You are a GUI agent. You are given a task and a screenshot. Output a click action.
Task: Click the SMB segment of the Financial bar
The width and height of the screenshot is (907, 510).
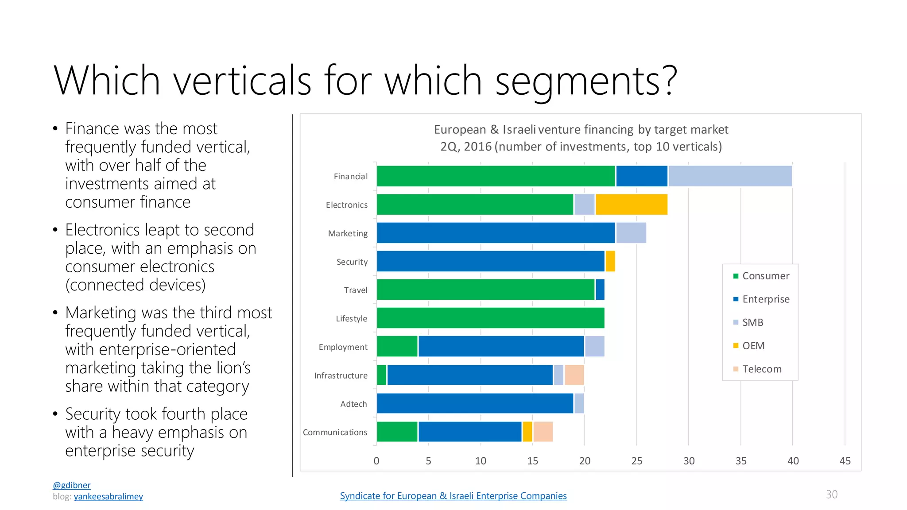pos(730,176)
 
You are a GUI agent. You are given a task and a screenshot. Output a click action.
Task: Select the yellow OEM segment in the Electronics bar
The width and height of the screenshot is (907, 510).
pos(632,205)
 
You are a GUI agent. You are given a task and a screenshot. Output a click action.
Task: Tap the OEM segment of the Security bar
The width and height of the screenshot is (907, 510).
pos(610,261)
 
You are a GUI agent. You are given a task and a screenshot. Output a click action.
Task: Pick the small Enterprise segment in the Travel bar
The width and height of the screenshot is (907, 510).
pos(600,290)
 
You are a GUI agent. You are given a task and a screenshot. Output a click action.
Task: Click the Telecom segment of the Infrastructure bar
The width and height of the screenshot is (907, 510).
pos(574,375)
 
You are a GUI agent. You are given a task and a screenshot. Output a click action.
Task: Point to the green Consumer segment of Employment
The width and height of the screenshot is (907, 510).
pos(397,346)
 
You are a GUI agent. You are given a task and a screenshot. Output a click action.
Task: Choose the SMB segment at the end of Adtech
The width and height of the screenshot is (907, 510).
pos(579,403)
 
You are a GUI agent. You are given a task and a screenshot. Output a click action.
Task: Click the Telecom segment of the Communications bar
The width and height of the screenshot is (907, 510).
pos(543,432)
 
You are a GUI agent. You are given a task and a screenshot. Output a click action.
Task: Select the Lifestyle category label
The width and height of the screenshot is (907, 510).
pos(351,319)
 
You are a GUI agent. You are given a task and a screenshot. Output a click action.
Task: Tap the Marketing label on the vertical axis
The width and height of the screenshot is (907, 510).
pos(348,233)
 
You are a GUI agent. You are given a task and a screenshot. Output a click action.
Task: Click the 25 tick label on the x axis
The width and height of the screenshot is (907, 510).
pos(636,461)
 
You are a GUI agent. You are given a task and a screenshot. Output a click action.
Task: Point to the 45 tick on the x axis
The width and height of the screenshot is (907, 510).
pos(845,461)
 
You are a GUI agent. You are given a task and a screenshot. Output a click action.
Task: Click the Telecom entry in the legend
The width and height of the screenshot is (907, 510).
pos(761,369)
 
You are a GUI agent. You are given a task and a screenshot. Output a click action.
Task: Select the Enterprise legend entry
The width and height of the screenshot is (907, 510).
pos(765,299)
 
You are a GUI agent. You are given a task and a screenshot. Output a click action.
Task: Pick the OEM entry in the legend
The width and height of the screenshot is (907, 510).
pos(753,346)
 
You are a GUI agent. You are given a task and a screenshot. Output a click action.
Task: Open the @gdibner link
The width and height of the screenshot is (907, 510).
pos(72,485)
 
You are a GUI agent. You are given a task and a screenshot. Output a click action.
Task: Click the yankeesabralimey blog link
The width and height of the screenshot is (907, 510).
pos(108,497)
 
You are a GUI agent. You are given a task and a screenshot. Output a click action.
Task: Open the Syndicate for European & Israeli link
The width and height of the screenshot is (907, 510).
pos(453,496)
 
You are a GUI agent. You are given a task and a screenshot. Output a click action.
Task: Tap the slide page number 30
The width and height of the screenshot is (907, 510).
pos(831,495)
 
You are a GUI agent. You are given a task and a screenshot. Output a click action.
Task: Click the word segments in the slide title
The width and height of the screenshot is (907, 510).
pos(585,81)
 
